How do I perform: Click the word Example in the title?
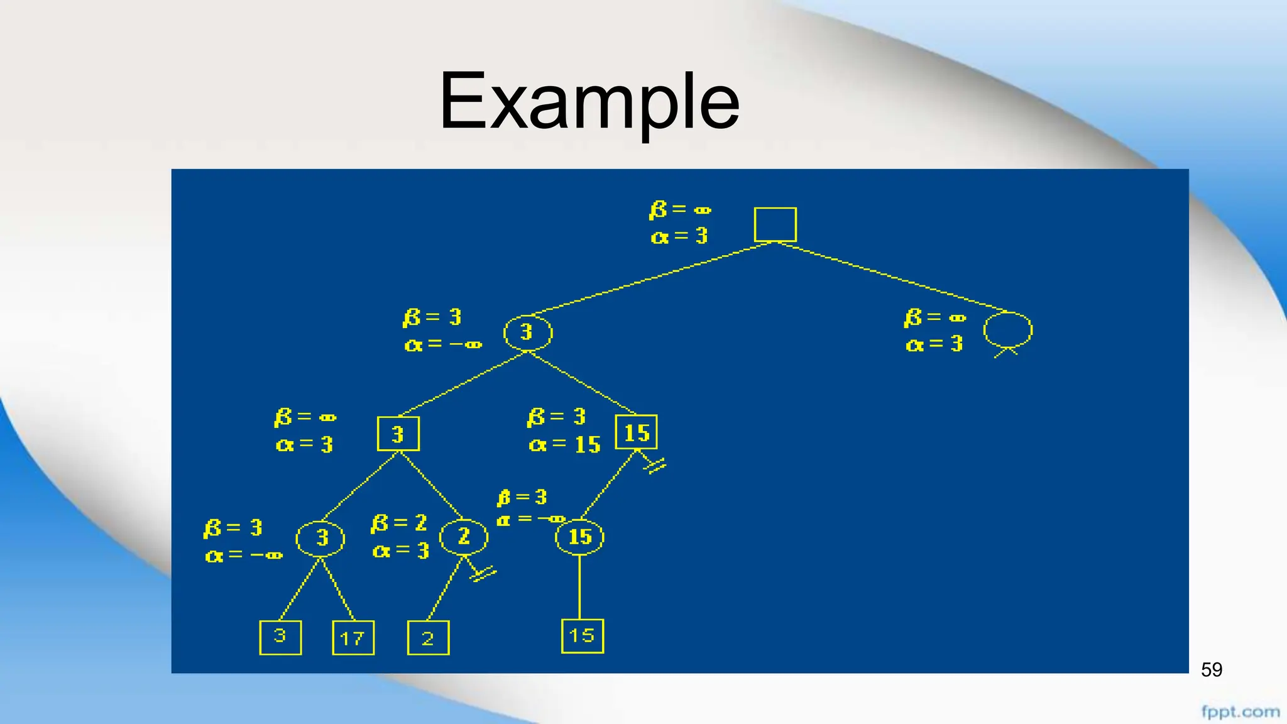point(589,102)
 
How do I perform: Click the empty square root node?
point(775,225)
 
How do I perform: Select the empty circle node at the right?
point(1007,329)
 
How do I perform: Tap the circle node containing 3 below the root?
point(528,332)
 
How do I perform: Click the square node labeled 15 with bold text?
point(636,432)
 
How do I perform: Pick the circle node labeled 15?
point(579,537)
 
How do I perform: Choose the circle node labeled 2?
point(464,537)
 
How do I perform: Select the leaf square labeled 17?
point(353,638)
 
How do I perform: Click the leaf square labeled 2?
point(428,638)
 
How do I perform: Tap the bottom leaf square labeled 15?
point(582,636)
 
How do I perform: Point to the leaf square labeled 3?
point(280,637)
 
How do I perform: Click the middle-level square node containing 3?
point(398,434)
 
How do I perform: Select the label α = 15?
point(565,445)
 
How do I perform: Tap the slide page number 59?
point(1211,670)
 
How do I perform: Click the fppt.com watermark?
point(1240,712)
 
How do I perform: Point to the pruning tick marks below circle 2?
point(484,574)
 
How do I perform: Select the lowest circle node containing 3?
point(320,538)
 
